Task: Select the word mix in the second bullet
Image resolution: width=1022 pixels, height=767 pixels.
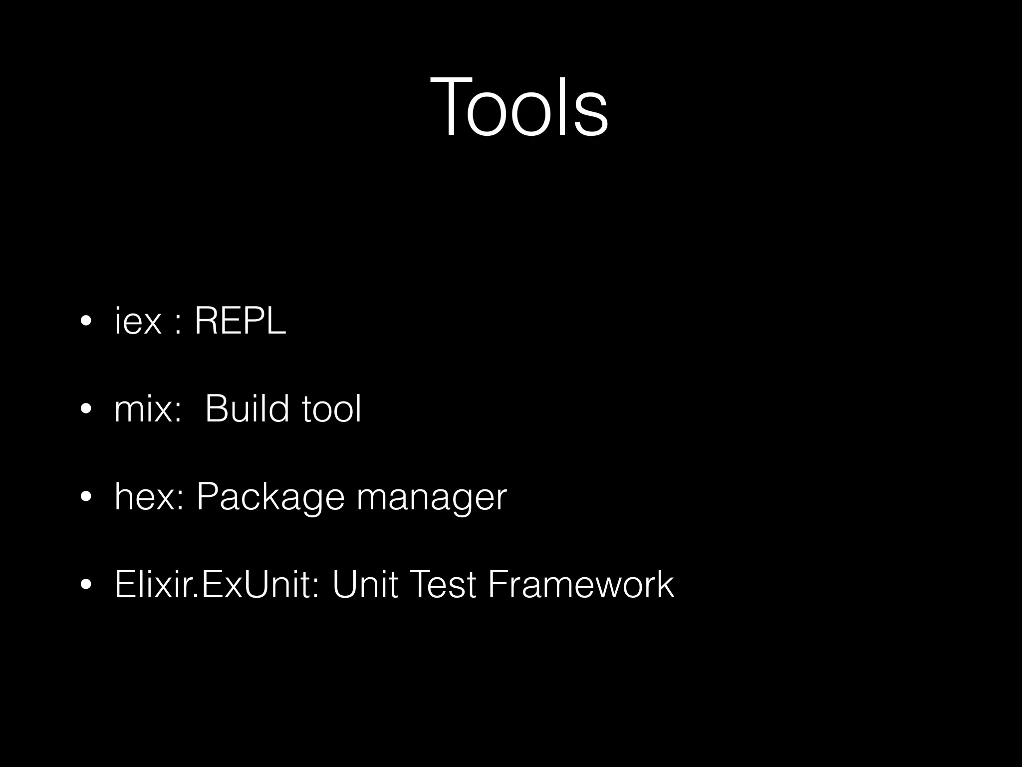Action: pyautogui.click(x=142, y=409)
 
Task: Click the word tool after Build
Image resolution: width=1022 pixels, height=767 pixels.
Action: pyautogui.click(x=331, y=409)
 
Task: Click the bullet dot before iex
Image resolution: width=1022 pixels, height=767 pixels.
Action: pyautogui.click(x=85, y=322)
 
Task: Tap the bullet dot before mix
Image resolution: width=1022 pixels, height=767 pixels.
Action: pyautogui.click(x=85, y=409)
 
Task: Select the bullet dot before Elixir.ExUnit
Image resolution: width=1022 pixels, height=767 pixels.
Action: pyautogui.click(x=85, y=585)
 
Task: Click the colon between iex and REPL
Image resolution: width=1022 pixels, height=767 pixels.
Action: pyautogui.click(x=178, y=325)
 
